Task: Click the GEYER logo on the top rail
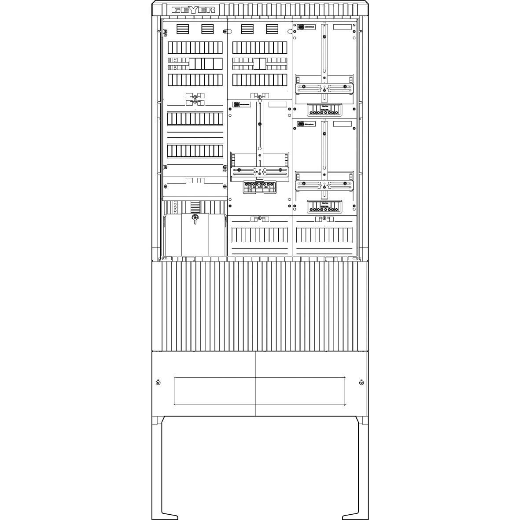[x=194, y=10]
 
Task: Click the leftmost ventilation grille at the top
[x=183, y=29]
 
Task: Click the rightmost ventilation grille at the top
[x=272, y=29]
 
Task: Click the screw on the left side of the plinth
[x=159, y=382]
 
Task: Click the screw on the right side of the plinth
[x=361, y=382]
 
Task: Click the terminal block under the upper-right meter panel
[x=325, y=110]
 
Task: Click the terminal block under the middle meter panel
[x=259, y=187]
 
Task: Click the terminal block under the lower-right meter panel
[x=325, y=206]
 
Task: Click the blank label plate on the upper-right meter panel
[x=343, y=27]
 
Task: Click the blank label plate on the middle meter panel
[x=277, y=104]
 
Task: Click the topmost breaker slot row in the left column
[x=195, y=48]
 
